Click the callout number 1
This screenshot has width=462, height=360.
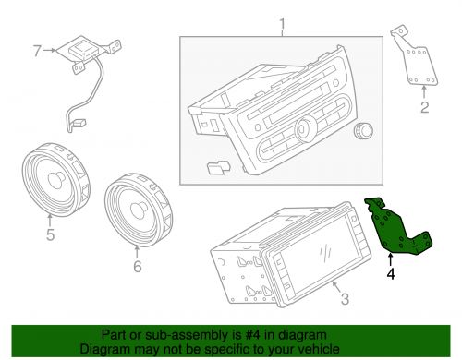tap(283, 26)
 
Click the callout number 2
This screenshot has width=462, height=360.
tap(425, 107)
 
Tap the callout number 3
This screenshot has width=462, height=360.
tap(345, 299)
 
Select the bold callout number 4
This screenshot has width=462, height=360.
tap(391, 273)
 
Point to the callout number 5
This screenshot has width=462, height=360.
tap(51, 234)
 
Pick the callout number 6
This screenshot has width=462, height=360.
tap(138, 266)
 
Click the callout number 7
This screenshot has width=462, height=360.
tap(37, 51)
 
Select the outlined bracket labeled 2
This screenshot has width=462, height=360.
tap(416, 62)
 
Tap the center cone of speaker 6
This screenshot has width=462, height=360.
tap(139, 210)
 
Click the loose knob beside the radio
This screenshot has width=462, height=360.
tap(363, 131)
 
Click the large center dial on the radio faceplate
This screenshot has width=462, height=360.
tap(305, 129)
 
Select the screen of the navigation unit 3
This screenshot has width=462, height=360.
tap(321, 256)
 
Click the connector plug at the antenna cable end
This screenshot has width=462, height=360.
tap(79, 123)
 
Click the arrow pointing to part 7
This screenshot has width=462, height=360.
tap(49, 50)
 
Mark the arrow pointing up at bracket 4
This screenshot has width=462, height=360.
tap(391, 259)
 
